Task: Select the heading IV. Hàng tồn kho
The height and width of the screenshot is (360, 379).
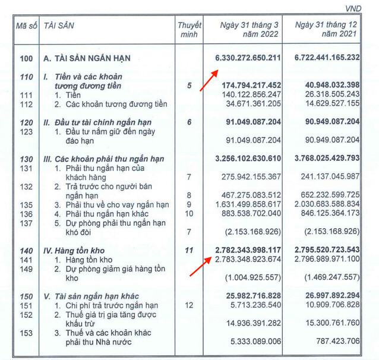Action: coord(76,250)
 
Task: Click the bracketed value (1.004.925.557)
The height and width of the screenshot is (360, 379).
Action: coord(253,277)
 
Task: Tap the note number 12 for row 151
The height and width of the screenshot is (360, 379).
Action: coord(189,305)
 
